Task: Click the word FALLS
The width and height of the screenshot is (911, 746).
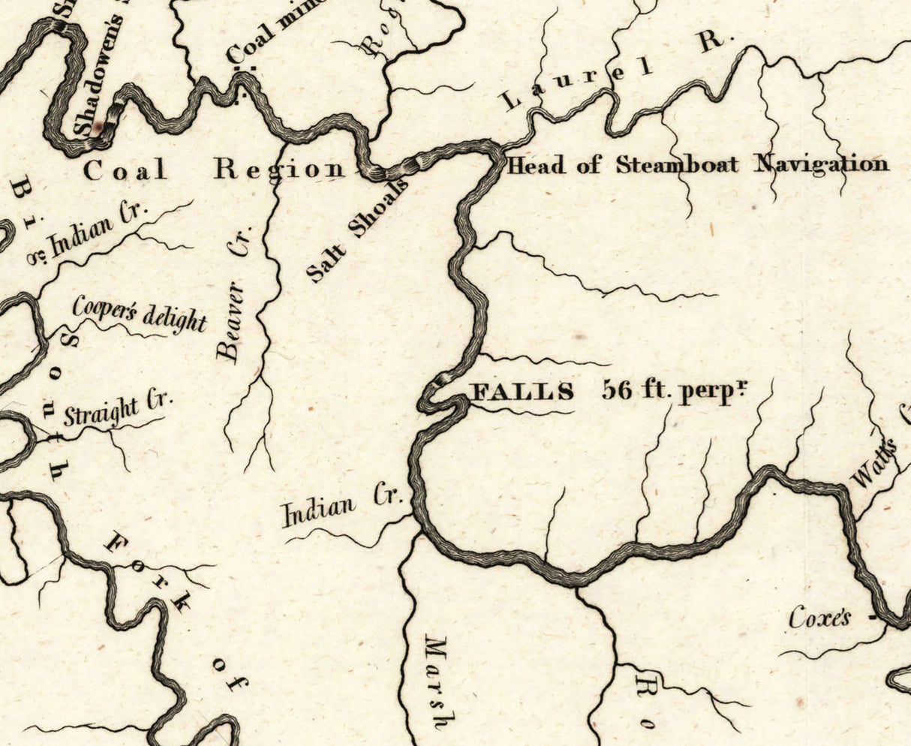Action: pyautogui.click(x=522, y=392)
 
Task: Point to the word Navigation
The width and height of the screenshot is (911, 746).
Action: pyautogui.click(x=821, y=164)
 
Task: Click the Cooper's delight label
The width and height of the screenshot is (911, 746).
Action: pyautogui.click(x=139, y=314)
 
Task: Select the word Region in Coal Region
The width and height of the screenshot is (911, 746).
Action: pyautogui.click(x=279, y=170)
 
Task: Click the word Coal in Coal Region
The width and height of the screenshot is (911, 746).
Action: pyautogui.click(x=125, y=170)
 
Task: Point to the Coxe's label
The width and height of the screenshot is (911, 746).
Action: pyautogui.click(x=819, y=618)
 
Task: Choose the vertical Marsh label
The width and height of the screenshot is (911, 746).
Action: pyautogui.click(x=435, y=682)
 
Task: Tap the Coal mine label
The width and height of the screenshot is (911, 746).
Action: pyautogui.click(x=274, y=34)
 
